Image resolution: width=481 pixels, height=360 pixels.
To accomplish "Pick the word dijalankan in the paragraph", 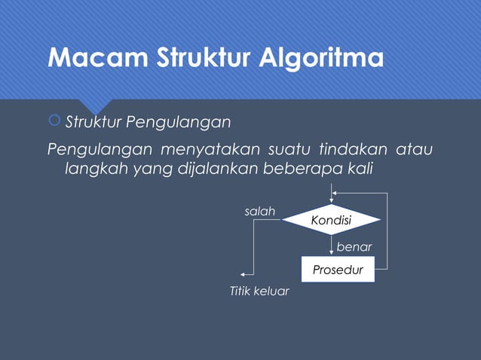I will pyautogui.click(x=215, y=168).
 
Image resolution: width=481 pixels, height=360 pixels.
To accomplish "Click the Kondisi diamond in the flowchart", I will pyautogui.click(x=331, y=220).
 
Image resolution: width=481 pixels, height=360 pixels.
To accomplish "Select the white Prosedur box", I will pyautogui.click(x=338, y=270).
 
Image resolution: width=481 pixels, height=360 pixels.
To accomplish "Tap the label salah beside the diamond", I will pyautogui.click(x=260, y=212).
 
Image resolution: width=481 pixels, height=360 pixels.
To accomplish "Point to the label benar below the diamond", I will pyautogui.click(x=354, y=246).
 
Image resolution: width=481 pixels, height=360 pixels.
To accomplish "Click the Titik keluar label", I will pyautogui.click(x=259, y=291).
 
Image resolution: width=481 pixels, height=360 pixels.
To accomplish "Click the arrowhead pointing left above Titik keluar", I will pyautogui.click(x=243, y=275).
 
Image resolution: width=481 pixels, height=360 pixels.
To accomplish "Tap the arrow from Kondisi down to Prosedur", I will pyautogui.click(x=331, y=246).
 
